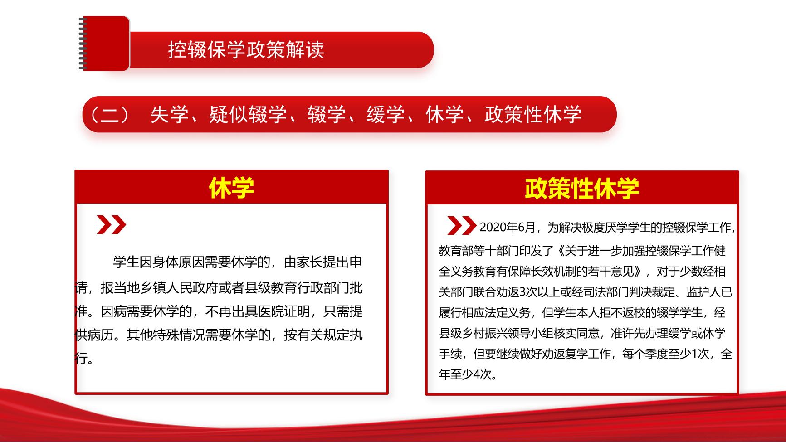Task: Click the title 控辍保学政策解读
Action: point(246,49)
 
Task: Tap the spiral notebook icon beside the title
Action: point(104,44)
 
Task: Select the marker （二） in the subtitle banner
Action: point(109,115)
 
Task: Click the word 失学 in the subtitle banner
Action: point(169,115)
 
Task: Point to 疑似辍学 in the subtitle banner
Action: point(248,115)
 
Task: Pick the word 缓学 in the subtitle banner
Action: point(386,115)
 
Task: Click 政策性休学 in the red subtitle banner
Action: point(533,115)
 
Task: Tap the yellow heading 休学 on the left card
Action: point(231,188)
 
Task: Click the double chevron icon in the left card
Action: point(111,225)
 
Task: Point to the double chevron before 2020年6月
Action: point(461,225)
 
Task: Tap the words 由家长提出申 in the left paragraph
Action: point(323,262)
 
